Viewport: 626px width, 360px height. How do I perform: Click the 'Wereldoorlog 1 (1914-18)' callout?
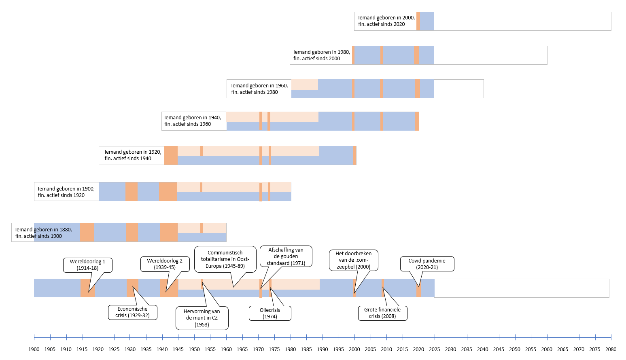(88, 265)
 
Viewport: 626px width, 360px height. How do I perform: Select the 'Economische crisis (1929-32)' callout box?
(133, 312)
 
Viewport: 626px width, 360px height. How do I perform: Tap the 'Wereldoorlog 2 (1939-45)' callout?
(165, 264)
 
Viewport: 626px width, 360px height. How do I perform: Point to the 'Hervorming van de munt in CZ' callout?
(202, 318)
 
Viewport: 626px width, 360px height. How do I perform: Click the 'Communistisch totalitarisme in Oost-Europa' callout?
(225, 259)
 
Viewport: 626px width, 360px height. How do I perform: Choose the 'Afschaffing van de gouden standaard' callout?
(286, 256)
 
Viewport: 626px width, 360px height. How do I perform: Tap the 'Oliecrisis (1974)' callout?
(270, 313)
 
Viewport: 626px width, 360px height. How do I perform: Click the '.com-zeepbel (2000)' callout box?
(354, 260)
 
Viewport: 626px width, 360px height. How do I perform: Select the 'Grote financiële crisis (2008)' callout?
(382, 313)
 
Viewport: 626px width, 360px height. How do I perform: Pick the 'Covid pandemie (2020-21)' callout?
(427, 264)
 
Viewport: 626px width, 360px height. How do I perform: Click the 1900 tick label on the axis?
(34, 349)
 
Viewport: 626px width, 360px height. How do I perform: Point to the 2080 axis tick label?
(611, 349)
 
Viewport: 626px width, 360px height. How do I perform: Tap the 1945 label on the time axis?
(178, 349)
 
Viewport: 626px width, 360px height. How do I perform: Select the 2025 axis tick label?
(435, 349)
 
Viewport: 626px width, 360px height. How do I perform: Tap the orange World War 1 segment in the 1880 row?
(87, 232)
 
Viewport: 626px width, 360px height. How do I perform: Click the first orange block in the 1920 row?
(171, 155)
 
